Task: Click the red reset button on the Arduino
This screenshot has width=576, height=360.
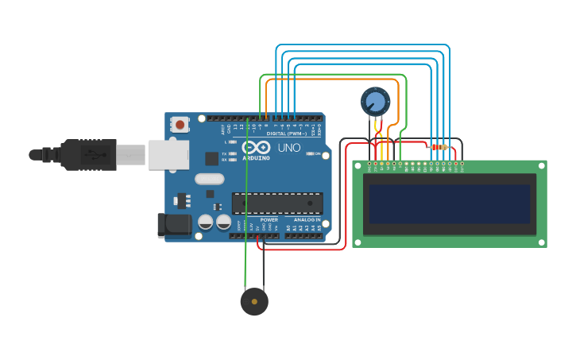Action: tap(180, 124)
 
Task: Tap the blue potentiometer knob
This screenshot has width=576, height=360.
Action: tap(374, 102)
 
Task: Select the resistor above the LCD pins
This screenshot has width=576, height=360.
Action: tap(439, 147)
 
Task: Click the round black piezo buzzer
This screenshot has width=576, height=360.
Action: tap(254, 302)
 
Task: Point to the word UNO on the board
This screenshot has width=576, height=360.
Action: tap(289, 148)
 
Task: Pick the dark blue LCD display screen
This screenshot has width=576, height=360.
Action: tap(449, 204)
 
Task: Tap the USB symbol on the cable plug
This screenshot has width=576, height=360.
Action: tap(93, 153)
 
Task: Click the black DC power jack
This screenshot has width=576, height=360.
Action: tap(174, 225)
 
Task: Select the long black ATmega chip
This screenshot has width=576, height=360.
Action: tap(277, 203)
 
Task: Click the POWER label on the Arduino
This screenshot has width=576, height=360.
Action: tap(269, 219)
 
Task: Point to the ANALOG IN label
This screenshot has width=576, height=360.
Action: tap(307, 219)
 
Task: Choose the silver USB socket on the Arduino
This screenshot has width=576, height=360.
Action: tap(168, 154)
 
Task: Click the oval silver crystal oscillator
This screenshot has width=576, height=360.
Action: tap(209, 180)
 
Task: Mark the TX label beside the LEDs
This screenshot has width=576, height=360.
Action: tap(224, 153)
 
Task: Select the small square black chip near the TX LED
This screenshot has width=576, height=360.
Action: tap(212, 158)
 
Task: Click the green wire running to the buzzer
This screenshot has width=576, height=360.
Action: tap(246, 238)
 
